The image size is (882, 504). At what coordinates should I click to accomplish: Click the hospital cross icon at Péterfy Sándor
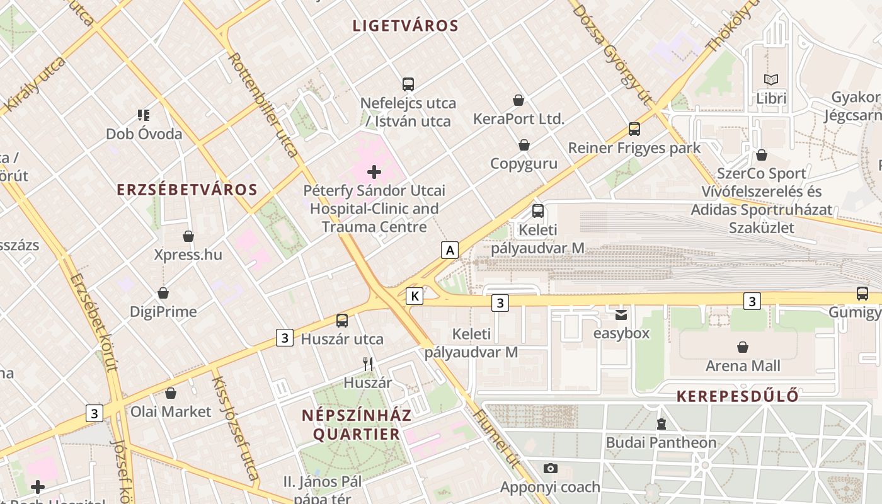click(x=374, y=171)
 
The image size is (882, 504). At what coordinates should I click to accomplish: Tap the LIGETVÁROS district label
click(x=405, y=26)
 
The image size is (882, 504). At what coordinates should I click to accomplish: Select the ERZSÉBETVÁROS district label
click(x=187, y=190)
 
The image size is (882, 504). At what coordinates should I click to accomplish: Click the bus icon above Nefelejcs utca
click(x=408, y=84)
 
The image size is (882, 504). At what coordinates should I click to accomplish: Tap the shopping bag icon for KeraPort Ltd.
click(x=518, y=100)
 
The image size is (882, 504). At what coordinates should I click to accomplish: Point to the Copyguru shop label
click(x=524, y=164)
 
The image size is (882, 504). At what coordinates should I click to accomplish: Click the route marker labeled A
click(x=449, y=250)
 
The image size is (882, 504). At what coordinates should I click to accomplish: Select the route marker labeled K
click(x=414, y=295)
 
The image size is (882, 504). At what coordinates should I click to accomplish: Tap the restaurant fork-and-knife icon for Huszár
click(x=368, y=364)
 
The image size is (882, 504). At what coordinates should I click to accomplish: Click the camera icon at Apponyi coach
click(x=550, y=468)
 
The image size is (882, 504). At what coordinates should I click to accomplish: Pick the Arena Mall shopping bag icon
click(x=743, y=347)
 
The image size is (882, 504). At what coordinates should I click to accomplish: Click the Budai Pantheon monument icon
click(x=661, y=424)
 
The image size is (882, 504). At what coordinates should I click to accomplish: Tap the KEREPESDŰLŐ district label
click(x=737, y=396)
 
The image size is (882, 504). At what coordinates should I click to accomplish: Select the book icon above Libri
click(x=771, y=79)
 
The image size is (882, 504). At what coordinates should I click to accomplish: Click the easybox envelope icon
click(x=621, y=314)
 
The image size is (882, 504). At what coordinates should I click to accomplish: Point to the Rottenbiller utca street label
click(x=263, y=105)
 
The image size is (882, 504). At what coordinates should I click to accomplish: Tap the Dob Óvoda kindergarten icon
click(x=144, y=115)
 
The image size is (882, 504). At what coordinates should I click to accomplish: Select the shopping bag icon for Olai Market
click(x=170, y=393)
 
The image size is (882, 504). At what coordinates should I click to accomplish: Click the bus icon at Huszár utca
click(x=342, y=320)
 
